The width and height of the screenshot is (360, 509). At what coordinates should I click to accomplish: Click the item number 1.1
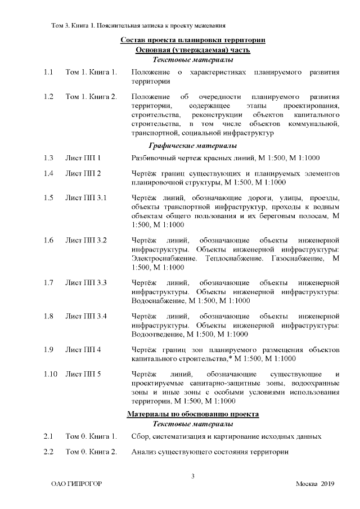(x=48, y=73)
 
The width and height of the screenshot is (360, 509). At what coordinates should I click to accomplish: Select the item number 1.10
(x=51, y=374)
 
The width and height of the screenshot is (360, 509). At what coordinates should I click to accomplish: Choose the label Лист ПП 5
(x=83, y=374)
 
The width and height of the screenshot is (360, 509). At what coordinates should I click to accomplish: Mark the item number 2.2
(x=48, y=452)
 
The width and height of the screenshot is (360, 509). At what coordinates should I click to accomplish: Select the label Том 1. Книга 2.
(x=91, y=97)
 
